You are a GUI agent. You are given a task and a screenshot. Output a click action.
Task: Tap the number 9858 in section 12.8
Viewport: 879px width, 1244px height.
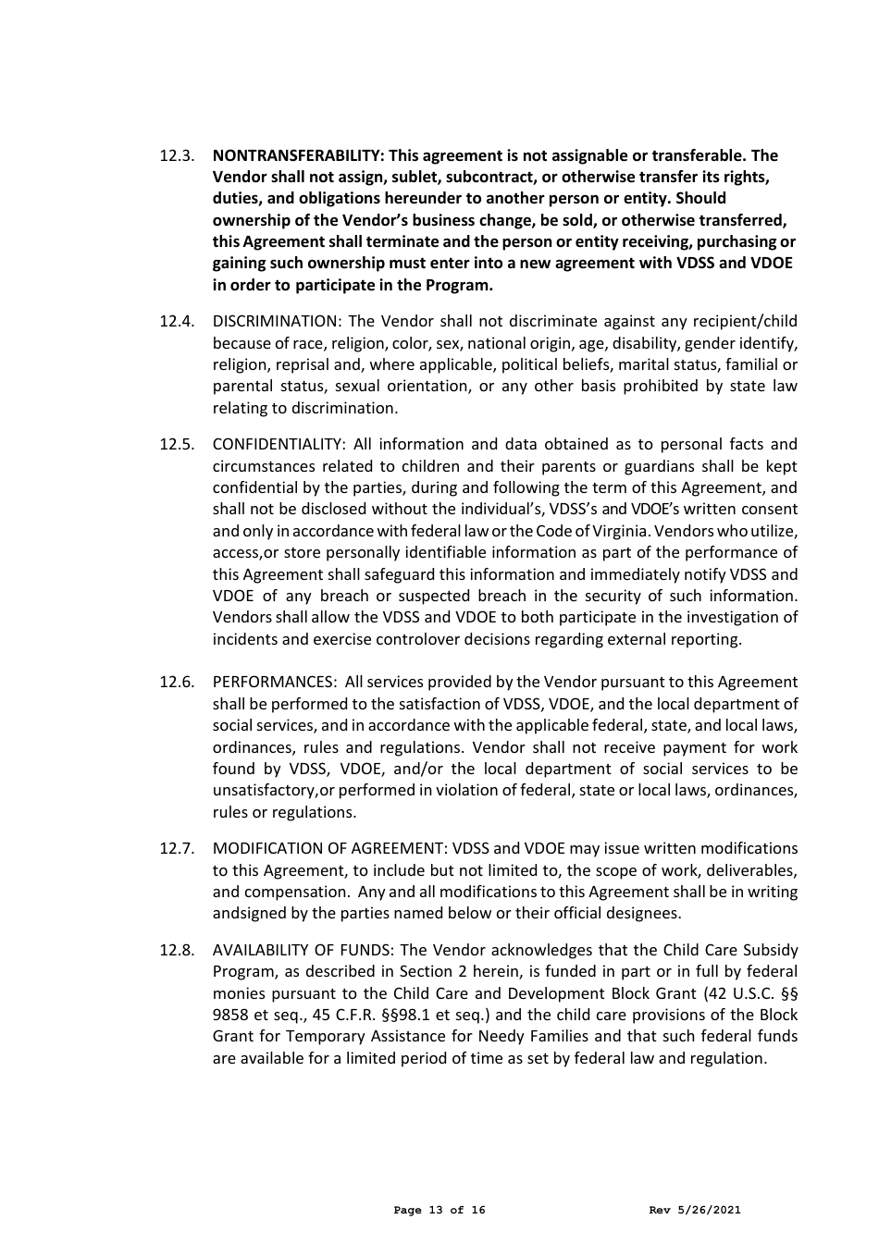[230, 1016]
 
